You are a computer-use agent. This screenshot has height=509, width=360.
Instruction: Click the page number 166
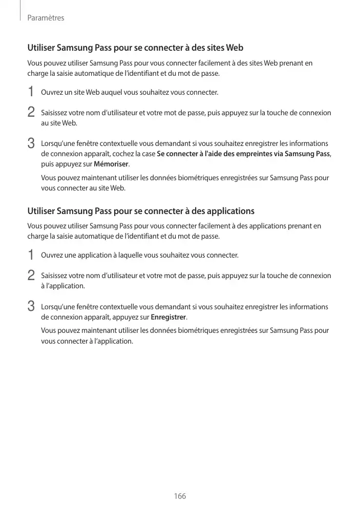180,496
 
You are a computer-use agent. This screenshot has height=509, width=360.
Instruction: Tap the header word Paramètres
46,18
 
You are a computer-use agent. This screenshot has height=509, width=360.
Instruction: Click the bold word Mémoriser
112,164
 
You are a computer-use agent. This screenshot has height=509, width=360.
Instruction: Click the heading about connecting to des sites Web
135,48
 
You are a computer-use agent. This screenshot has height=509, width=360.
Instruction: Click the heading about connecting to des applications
141,211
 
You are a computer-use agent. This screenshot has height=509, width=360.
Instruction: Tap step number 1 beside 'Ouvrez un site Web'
31,93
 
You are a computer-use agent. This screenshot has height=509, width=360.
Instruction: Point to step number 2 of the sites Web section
31,112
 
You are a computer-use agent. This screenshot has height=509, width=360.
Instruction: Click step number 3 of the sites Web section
31,143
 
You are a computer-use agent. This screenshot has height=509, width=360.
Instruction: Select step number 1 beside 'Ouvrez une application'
31,255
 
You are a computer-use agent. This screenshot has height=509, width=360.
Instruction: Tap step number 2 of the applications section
31,275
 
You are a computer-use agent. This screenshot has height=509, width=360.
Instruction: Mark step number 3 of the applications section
31,306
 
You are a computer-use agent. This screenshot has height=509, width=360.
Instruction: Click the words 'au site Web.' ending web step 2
59,123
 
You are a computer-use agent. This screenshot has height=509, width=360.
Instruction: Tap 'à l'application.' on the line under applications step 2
63,286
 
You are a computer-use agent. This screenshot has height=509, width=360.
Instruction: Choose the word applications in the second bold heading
229,211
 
